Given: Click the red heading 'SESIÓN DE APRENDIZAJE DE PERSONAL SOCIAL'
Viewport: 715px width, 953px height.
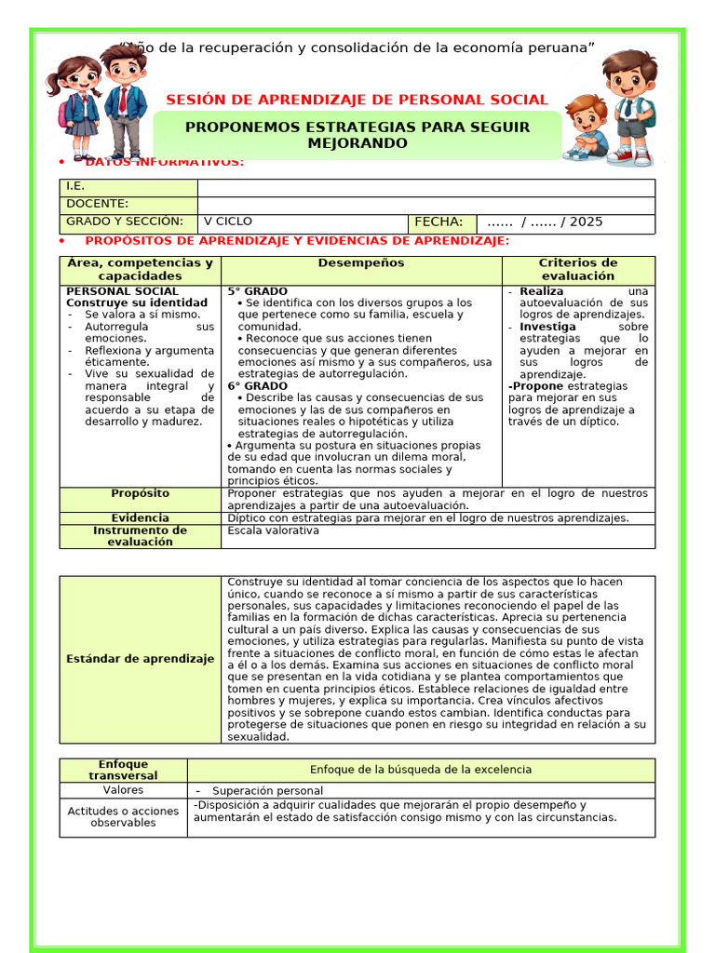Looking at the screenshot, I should (x=357, y=101).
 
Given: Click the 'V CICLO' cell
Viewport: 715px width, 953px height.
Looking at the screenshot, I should (x=228, y=221).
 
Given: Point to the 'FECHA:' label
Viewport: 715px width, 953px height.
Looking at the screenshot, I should (x=438, y=221).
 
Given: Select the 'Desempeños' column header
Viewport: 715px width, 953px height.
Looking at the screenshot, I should (x=361, y=263).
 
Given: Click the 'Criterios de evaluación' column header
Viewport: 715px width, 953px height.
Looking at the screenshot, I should (x=578, y=269).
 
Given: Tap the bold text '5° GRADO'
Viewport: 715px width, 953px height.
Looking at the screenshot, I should (x=258, y=291).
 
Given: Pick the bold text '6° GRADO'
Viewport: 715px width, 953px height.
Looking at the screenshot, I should (x=258, y=385).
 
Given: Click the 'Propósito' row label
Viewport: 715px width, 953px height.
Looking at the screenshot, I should (x=141, y=493).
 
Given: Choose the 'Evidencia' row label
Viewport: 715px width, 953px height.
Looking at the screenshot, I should (x=141, y=517).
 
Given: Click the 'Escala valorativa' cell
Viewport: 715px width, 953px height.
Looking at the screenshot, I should (x=273, y=530).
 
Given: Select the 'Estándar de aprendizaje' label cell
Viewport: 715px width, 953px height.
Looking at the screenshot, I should (x=141, y=659).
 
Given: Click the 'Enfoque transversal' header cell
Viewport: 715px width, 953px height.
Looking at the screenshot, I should (x=123, y=770).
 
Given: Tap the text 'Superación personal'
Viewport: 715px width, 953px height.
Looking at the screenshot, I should (x=254, y=791).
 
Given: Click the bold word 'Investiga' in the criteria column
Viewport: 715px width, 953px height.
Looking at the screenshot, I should (x=547, y=328).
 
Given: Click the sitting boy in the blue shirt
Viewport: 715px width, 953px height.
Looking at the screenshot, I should (x=585, y=128).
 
